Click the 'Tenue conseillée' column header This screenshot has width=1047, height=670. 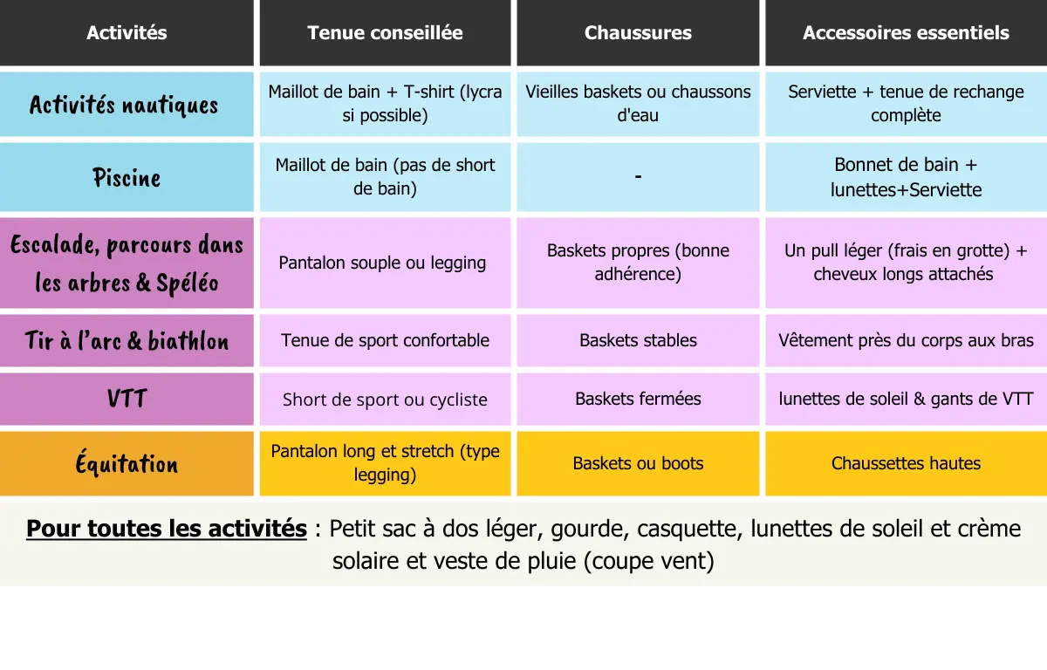click(385, 33)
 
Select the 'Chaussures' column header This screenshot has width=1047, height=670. click(638, 33)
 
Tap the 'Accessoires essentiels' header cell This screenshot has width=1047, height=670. click(906, 33)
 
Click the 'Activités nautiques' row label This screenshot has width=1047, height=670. click(124, 105)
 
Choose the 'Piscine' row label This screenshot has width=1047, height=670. click(127, 178)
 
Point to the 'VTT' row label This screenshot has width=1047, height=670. click(127, 400)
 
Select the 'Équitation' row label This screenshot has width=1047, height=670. click(127, 464)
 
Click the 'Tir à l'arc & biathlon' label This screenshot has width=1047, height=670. click(127, 340)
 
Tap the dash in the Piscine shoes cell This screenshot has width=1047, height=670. click(638, 177)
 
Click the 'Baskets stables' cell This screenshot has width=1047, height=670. click(638, 340)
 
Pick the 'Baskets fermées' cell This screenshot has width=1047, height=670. click(638, 399)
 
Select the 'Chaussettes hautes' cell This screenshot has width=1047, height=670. click(906, 464)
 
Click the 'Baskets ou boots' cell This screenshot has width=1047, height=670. click(638, 464)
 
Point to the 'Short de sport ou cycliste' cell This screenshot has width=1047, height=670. click(385, 400)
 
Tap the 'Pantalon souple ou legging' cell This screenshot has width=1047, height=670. click(382, 263)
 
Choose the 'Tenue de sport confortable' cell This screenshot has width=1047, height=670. click(385, 340)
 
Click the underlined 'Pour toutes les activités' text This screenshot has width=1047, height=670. click(167, 530)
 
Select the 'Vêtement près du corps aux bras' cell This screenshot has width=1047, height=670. click(906, 340)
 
